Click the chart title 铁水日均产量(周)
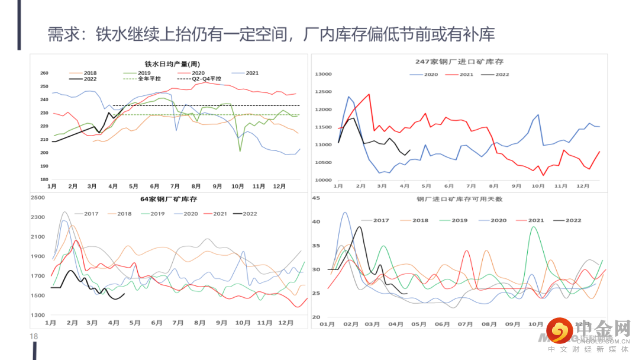(x=172, y=64)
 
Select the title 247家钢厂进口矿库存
(x=459, y=62)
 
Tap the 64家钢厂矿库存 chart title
(x=169, y=199)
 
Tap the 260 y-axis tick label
(x=44, y=73)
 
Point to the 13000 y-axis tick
(x=324, y=74)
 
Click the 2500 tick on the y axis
(x=37, y=198)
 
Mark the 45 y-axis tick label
(x=315, y=198)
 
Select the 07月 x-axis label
(x=466, y=324)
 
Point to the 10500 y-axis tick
(x=324, y=162)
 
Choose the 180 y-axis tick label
(x=44, y=179)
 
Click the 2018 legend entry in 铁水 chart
(x=90, y=73)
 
